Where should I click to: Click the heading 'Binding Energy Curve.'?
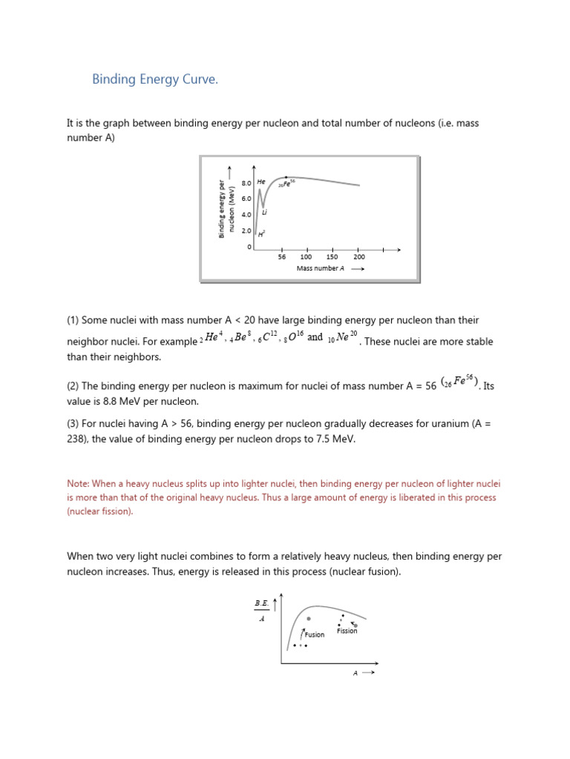[x=155, y=79]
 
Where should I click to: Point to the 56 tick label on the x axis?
[x=282, y=257]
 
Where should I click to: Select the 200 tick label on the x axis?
[x=359, y=257]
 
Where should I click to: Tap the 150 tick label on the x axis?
[x=332, y=257]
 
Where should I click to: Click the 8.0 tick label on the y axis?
[x=246, y=182]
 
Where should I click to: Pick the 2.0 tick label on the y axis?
[x=246, y=231]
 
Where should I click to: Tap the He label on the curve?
[x=261, y=182]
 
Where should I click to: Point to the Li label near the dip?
[x=264, y=213]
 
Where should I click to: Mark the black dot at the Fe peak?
[x=286, y=178]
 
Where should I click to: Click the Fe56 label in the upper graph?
[x=287, y=184]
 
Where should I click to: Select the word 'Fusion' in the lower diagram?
[x=314, y=634]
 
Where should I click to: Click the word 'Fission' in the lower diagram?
[x=347, y=631]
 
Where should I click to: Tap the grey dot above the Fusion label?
[x=309, y=619]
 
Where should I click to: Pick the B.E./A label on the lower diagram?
[x=261, y=610]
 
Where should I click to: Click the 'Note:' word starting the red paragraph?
[x=79, y=483]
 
